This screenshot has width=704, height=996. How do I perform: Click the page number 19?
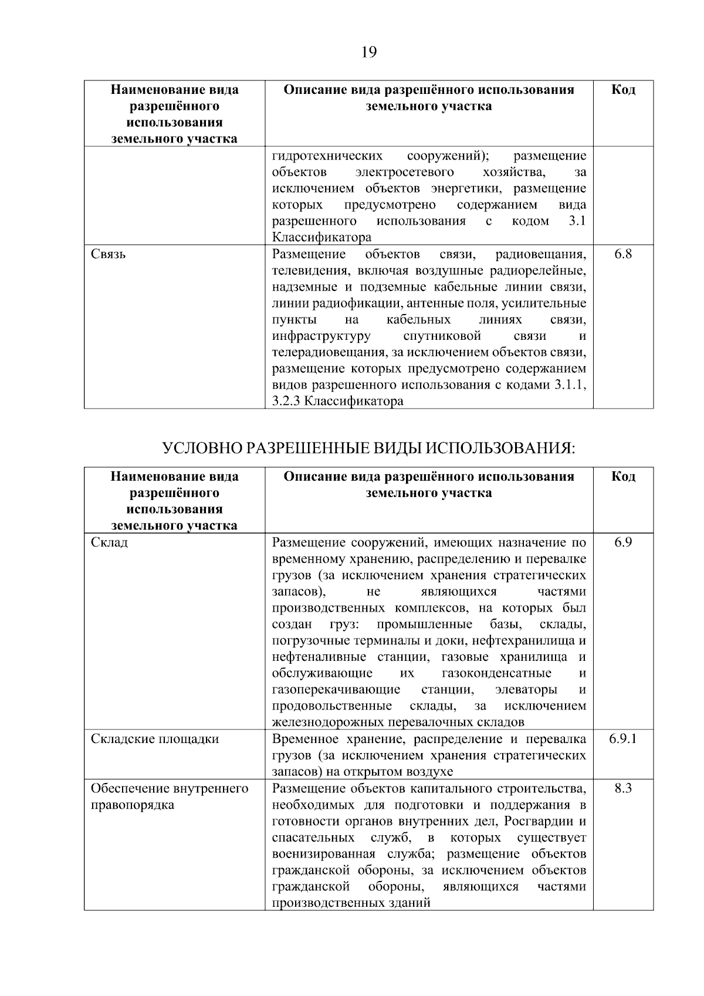368,53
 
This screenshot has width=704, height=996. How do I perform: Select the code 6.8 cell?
623,254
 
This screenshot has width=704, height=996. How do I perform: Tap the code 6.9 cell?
623,542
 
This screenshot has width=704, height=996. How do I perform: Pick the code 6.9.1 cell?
623,739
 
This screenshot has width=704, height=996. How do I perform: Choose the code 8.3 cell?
623,788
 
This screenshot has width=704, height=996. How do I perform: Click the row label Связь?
109,254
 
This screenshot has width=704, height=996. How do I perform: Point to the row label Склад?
110,542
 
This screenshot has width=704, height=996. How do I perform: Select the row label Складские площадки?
155,739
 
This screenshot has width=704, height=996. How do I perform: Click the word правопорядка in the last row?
133,805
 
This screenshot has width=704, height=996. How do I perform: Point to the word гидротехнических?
327,156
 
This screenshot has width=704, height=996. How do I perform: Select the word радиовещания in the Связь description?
540,254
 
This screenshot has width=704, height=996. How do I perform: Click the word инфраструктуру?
321,336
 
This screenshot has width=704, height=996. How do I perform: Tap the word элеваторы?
526,690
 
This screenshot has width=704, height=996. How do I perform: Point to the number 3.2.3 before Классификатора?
288,402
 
